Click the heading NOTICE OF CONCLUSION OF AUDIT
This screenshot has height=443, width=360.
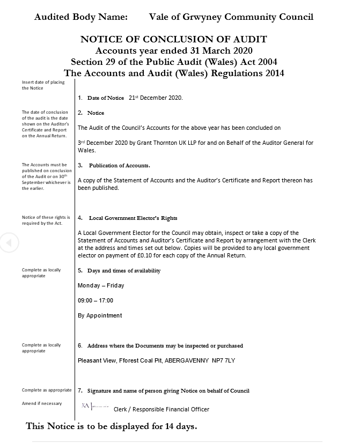(173, 39)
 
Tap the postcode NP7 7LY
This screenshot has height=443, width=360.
(223, 360)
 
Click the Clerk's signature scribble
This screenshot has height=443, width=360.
(93, 408)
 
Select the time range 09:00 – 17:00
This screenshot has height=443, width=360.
(95, 300)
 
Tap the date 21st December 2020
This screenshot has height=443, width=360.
(156, 98)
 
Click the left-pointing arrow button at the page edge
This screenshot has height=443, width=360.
(9, 243)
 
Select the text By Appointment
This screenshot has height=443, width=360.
(100, 315)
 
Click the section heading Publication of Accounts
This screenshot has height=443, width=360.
(119, 165)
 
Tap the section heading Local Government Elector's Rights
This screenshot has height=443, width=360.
(133, 218)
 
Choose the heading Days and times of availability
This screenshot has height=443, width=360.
(123, 271)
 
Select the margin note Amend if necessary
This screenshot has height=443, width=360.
(42, 403)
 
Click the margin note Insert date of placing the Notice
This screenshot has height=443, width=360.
(43, 85)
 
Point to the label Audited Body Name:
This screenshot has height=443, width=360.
(81, 17)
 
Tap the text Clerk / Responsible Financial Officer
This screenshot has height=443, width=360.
(161, 409)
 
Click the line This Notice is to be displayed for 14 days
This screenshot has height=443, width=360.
(112, 427)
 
